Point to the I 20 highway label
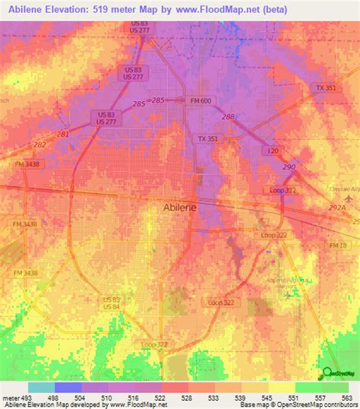272,151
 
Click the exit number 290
289,166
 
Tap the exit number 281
63,135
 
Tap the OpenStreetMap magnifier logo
328,373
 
